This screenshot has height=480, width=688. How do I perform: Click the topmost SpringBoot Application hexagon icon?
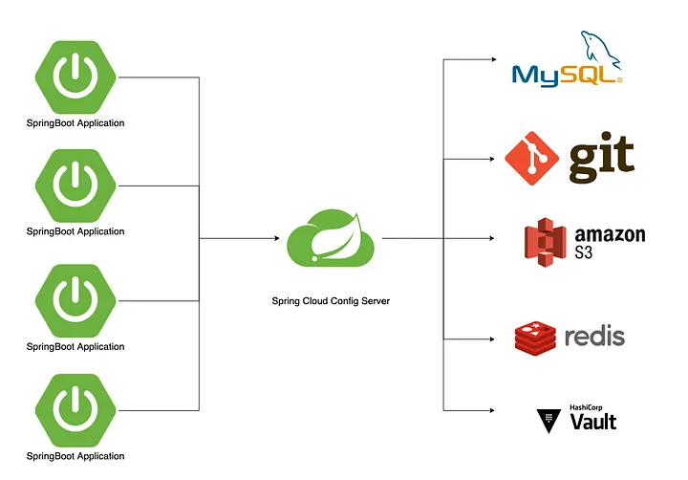coord(75,77)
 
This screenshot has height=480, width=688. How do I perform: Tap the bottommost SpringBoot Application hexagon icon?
coord(75,410)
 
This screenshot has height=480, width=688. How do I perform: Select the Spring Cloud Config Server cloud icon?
coord(331,238)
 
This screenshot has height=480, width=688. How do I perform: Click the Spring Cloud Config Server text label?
coord(331,301)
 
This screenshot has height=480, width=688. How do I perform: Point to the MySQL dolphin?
coord(600,49)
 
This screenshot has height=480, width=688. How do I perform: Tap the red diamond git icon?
coord(532,158)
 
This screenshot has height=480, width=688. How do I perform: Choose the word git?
coord(602,157)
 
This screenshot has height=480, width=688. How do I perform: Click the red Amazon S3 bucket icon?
coord(545,242)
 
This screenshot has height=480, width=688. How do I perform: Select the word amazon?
coord(610,234)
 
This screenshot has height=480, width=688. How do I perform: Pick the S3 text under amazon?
coord(584,252)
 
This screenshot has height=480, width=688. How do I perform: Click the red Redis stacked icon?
coord(535,338)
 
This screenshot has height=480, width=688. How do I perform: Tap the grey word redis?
coord(594,337)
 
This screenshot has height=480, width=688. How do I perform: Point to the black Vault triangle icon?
coord(548,421)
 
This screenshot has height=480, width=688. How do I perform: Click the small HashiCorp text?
coord(586,407)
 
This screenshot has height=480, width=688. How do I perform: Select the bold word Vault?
coord(593,422)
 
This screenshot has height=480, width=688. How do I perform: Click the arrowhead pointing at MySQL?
coord(494,59)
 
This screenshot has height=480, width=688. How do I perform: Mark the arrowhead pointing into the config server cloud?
coord(277,238)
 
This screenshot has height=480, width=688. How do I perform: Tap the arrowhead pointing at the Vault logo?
coord(492,410)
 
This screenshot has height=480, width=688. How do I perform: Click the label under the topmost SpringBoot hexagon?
coord(75,123)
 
